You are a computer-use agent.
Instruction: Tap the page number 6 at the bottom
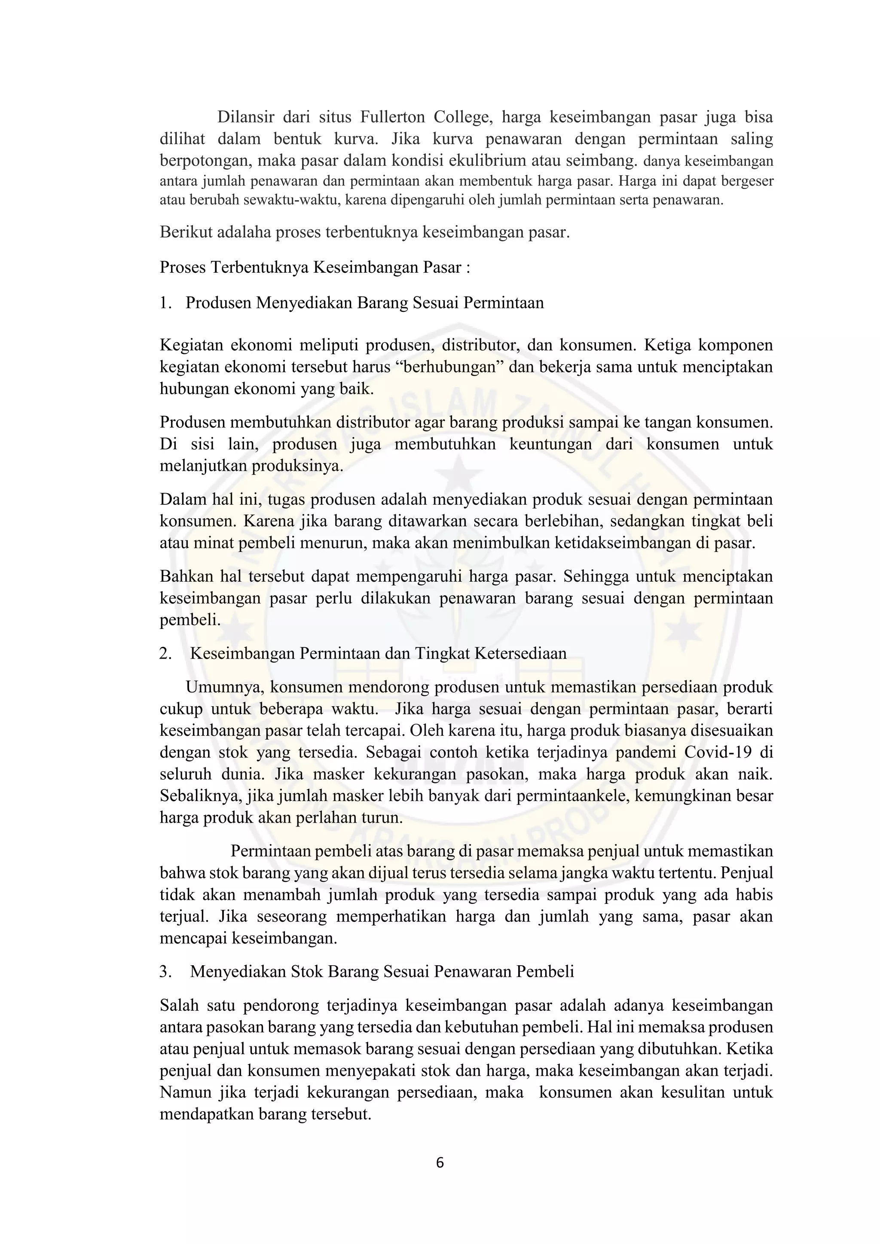pos(440,1162)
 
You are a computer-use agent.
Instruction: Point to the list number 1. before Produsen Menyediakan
pos(165,302)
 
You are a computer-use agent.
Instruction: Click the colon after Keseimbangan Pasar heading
pos(467,268)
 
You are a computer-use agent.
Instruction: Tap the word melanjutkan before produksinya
pos(203,466)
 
